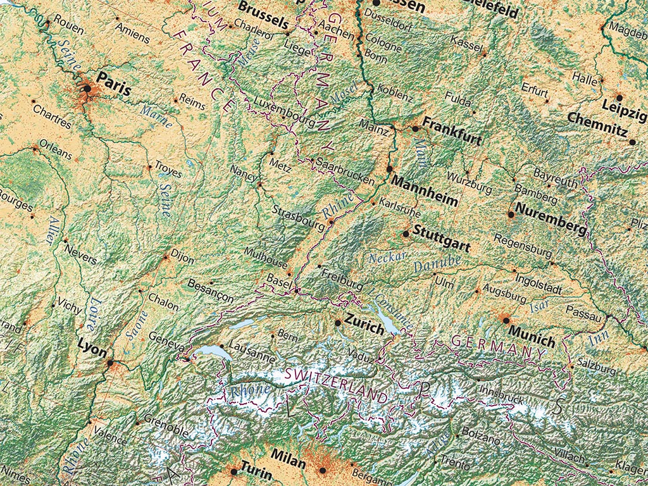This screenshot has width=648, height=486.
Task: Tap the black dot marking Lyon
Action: point(111,363)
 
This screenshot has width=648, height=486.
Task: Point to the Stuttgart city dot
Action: point(406,234)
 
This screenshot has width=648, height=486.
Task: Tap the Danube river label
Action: point(437,264)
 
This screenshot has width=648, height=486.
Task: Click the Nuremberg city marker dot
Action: point(510,215)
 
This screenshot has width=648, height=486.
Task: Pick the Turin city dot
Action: point(234,471)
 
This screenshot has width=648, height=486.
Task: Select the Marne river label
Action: point(156,116)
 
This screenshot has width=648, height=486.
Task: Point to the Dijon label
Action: point(182,259)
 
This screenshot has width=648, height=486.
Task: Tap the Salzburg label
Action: point(595,368)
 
